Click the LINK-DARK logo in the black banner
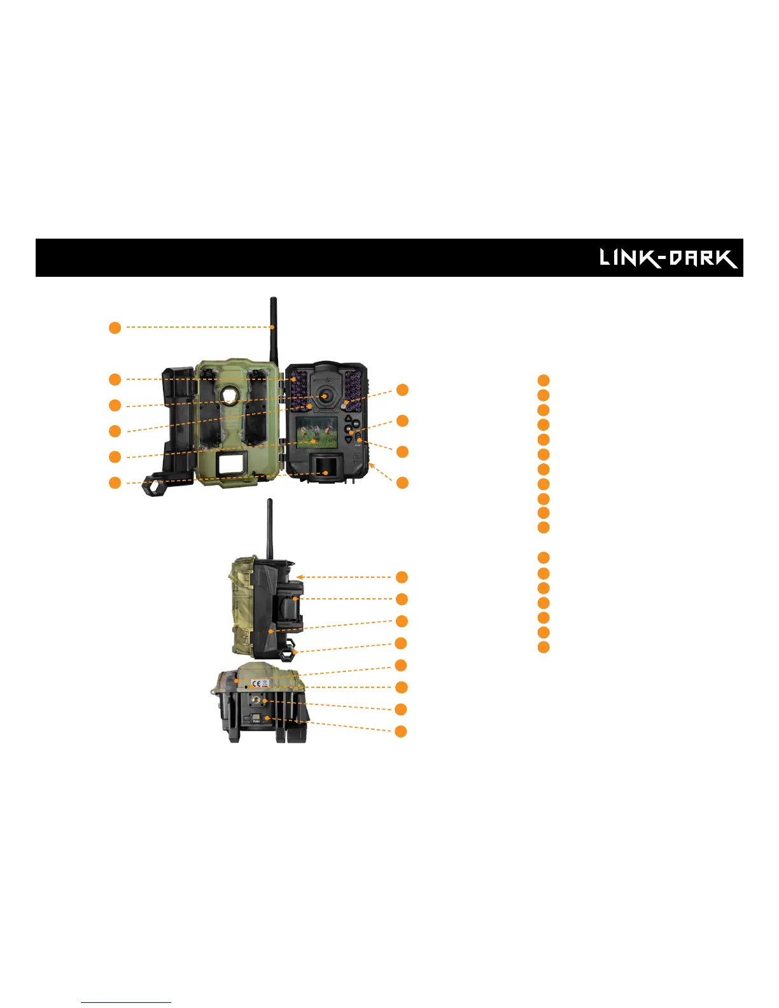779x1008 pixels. (x=668, y=258)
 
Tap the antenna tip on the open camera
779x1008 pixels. (x=273, y=300)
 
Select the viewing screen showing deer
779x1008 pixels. (x=316, y=431)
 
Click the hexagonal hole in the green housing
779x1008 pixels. (x=229, y=396)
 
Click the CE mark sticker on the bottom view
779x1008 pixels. (x=256, y=683)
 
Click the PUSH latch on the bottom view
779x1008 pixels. (x=257, y=719)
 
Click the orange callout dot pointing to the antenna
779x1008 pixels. (x=115, y=328)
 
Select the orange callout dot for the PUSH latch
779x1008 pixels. (x=401, y=731)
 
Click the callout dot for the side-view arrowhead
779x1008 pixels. (x=402, y=577)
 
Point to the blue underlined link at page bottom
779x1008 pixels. (x=126, y=1002)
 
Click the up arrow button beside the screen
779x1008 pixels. (x=349, y=419)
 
